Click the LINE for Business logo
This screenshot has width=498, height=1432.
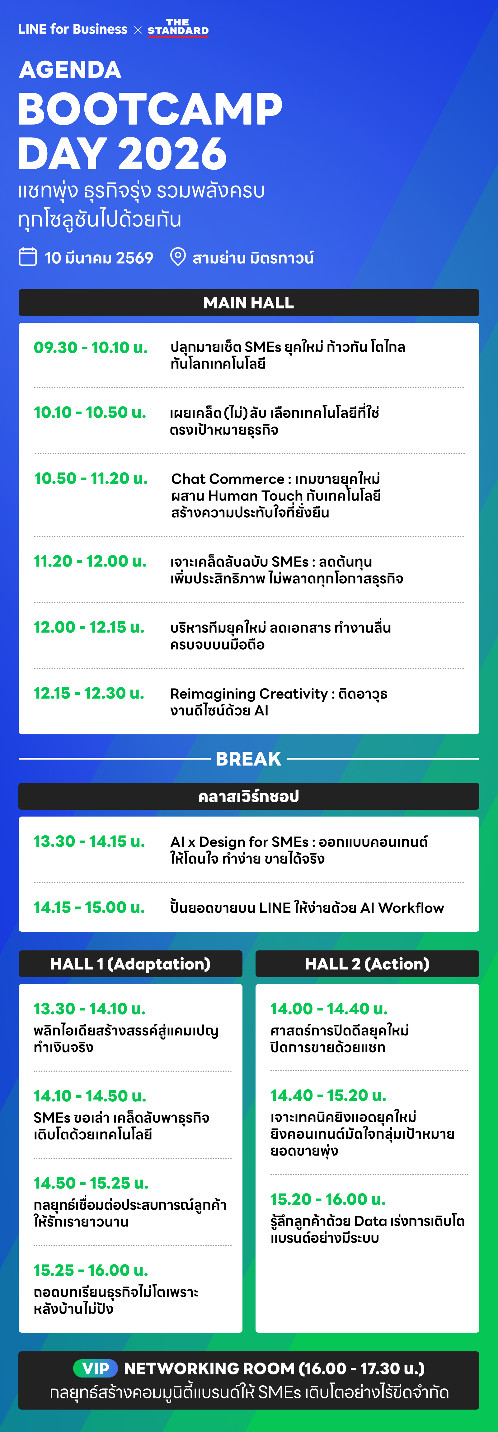pyautogui.click(x=73, y=30)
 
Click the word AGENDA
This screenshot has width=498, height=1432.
pyautogui.click(x=70, y=70)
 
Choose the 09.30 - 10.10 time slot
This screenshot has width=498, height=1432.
pyautogui.click(x=91, y=347)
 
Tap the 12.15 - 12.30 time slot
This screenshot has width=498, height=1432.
pyautogui.click(x=89, y=693)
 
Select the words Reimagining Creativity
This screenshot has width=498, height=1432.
pyautogui.click(x=249, y=694)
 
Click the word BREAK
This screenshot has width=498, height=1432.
pyautogui.click(x=248, y=759)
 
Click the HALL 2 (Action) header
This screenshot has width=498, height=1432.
pyautogui.click(x=367, y=964)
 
